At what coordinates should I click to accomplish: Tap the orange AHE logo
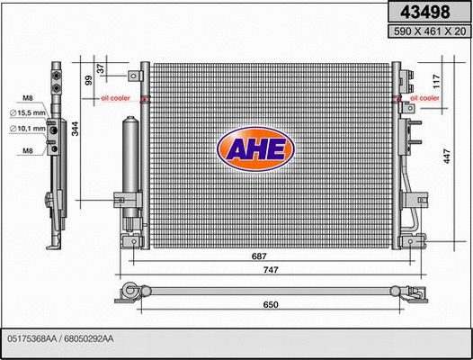click(x=255, y=150)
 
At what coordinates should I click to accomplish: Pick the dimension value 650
click(x=270, y=304)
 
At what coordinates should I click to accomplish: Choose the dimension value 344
click(x=77, y=128)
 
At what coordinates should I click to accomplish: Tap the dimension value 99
click(x=90, y=80)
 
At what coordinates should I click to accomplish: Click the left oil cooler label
click(x=115, y=96)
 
